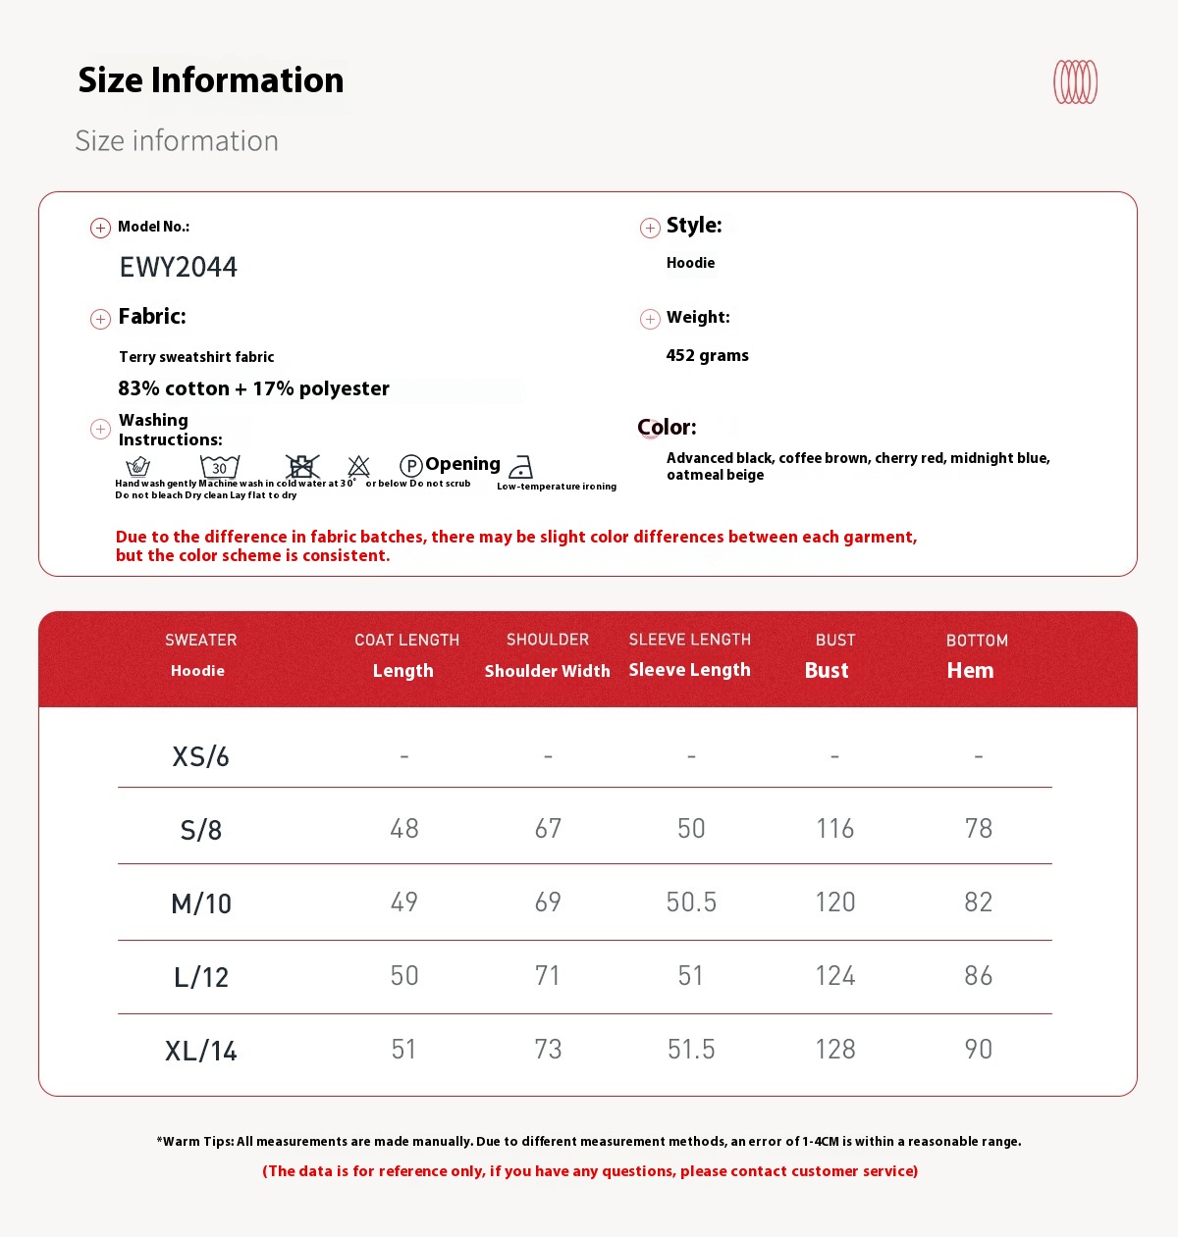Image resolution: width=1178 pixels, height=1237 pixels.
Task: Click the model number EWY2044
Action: pos(178,267)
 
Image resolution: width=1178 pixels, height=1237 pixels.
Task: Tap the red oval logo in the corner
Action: pos(1075,81)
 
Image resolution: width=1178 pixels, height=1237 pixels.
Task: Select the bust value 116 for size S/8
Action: pos(834,829)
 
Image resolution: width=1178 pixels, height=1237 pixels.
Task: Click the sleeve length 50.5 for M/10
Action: pos(691,902)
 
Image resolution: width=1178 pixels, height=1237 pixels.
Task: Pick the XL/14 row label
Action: pos(201,1051)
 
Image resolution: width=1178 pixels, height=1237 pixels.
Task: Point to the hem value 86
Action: pos(978,976)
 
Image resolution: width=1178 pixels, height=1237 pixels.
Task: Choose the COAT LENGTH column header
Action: pos(406,641)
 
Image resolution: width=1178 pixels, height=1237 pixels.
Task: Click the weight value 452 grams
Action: pos(707,355)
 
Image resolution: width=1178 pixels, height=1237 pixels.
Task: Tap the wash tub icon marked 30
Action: pos(220,466)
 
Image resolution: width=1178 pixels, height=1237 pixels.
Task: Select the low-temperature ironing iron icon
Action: pos(521,467)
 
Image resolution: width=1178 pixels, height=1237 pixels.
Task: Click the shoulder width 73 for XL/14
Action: pos(548,1050)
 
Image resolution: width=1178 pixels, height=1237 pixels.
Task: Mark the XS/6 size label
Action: pos(201,756)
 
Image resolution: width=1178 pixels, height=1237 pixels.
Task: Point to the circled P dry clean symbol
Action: pos(411,466)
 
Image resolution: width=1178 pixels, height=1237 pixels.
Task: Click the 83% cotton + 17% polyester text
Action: pos(253,388)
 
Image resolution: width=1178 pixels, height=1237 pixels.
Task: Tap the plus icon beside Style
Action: pos(650,228)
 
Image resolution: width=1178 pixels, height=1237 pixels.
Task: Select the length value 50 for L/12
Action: pos(403,976)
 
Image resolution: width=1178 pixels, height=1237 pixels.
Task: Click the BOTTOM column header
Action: pos(977,641)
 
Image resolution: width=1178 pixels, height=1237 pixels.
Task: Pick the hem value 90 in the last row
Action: pos(978,1050)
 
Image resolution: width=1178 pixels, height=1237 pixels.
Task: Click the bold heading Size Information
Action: pos(211,80)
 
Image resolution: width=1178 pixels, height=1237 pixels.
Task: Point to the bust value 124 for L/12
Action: pos(834,976)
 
